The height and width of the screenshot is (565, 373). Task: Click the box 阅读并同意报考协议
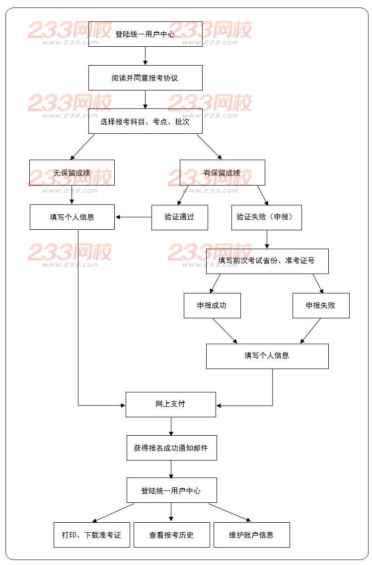pyautogui.click(x=145, y=78)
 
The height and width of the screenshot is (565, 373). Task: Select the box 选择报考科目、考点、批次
pyautogui.click(x=145, y=121)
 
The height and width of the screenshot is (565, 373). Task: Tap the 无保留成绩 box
pyautogui.click(x=72, y=173)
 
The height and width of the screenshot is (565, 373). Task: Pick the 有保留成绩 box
pyautogui.click(x=222, y=173)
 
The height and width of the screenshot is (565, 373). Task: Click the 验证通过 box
pyautogui.click(x=179, y=217)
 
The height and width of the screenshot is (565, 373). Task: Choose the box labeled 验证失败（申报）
pyautogui.click(x=266, y=217)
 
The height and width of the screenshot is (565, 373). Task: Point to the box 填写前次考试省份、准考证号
pyautogui.click(x=267, y=261)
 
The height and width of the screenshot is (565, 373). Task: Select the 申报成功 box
pyautogui.click(x=212, y=305)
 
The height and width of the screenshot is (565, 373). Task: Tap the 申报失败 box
pyautogui.click(x=321, y=305)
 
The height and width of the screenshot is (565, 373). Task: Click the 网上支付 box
pyautogui.click(x=170, y=404)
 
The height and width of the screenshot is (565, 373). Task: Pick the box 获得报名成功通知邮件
pyautogui.click(x=171, y=448)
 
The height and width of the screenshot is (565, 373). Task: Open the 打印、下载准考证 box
pyautogui.click(x=91, y=535)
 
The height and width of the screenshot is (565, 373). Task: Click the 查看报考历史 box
pyautogui.click(x=171, y=535)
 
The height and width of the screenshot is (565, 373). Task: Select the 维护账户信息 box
pyautogui.click(x=251, y=535)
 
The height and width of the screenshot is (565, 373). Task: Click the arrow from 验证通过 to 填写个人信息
pyautogui.click(x=133, y=217)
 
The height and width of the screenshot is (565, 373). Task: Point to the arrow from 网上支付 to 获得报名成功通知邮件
pyautogui.click(x=171, y=426)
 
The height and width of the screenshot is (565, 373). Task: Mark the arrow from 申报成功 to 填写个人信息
pyautogui.click(x=225, y=331)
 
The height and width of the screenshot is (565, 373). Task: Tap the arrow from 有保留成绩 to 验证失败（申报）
pyautogui.click(x=262, y=195)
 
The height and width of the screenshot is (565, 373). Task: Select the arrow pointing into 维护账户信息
pyautogui.click(x=229, y=512)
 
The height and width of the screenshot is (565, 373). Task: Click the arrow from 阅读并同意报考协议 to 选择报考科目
pyautogui.click(x=145, y=99)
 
